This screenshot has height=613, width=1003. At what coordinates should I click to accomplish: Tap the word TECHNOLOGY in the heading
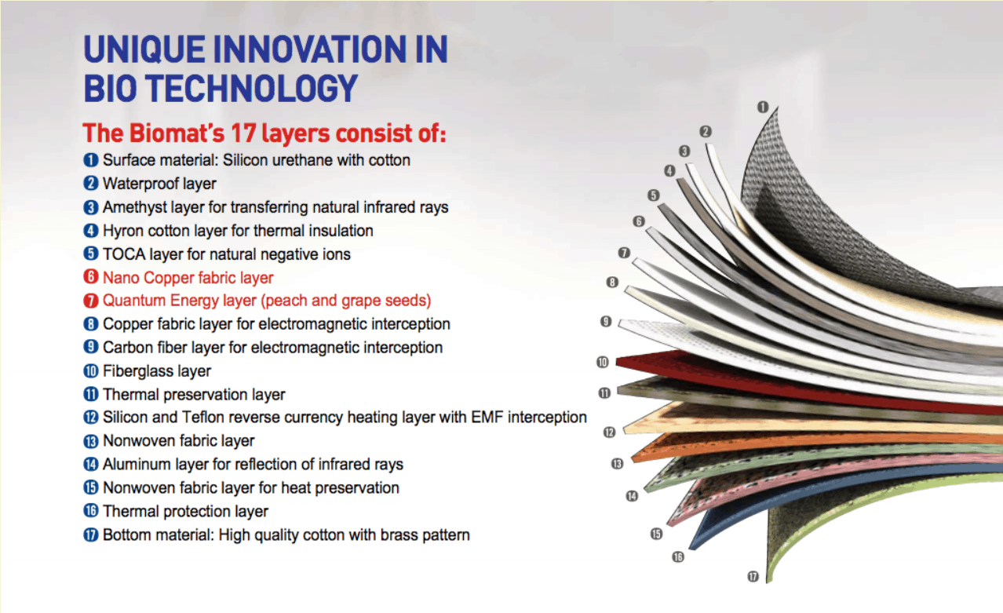[251, 88]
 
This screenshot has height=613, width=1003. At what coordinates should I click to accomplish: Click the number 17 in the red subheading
[243, 133]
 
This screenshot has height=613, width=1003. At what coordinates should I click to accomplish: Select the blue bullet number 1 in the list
[90, 160]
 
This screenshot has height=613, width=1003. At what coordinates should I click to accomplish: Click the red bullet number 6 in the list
[90, 277]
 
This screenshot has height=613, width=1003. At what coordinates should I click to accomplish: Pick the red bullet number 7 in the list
[90, 301]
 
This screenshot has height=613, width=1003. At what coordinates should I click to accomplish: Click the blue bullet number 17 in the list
[90, 535]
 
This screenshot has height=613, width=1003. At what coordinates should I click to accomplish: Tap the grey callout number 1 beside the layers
[763, 107]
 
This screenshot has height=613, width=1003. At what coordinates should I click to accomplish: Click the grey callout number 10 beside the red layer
[603, 362]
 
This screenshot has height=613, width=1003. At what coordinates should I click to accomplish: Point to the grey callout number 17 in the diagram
[753, 576]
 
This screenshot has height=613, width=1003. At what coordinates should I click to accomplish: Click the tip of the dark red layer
[617, 362]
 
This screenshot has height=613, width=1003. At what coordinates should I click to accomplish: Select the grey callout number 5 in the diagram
[654, 195]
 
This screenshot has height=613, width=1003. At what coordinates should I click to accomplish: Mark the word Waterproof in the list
[138, 184]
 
